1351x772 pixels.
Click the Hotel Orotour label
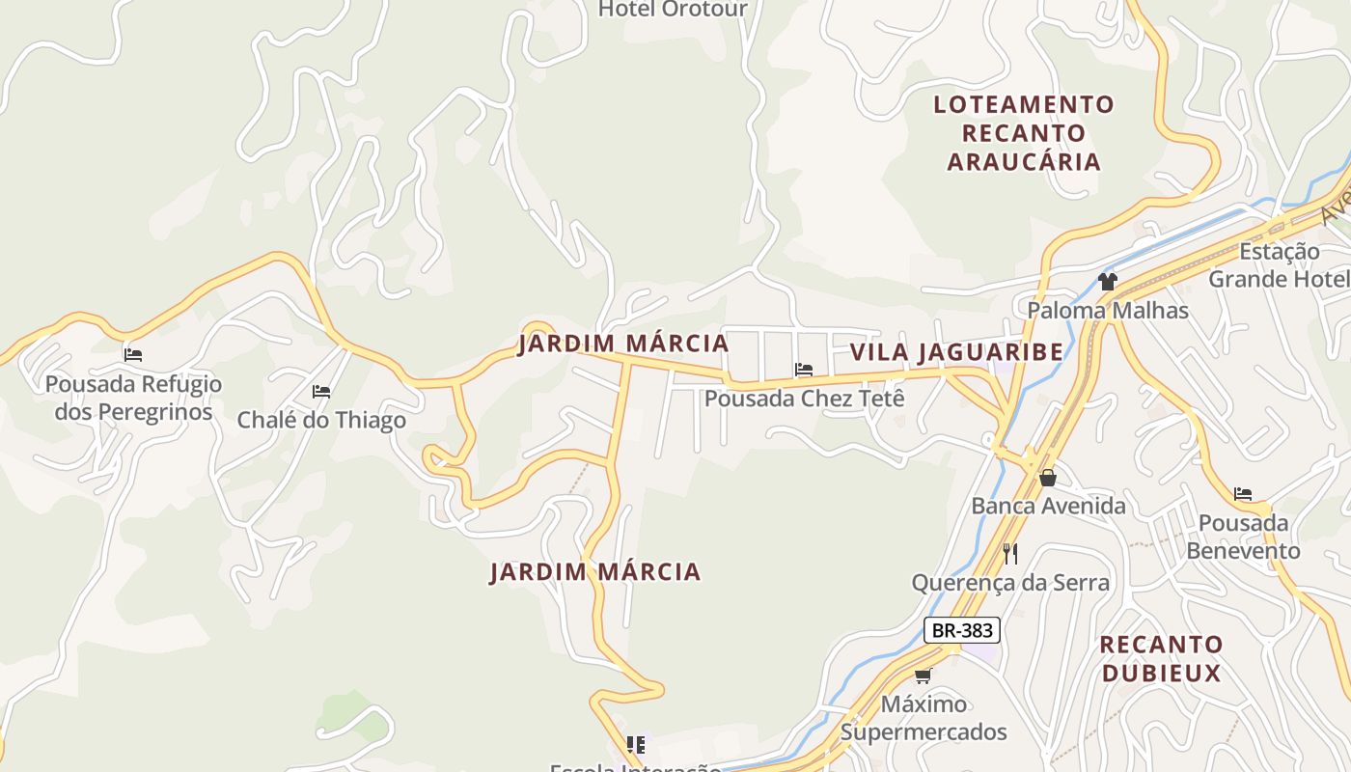pyautogui.click(x=673, y=10)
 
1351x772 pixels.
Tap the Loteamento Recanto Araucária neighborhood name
pyautogui.click(x=1024, y=132)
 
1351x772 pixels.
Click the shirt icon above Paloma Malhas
pyautogui.click(x=1107, y=282)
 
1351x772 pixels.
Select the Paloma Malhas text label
pyautogui.click(x=1107, y=311)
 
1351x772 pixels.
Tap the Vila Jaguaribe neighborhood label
pyautogui.click(x=956, y=352)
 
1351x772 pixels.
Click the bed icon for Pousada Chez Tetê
pyautogui.click(x=803, y=370)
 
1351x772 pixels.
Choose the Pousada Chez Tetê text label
pyautogui.click(x=804, y=398)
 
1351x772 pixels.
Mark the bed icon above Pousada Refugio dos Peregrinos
pyautogui.click(x=133, y=355)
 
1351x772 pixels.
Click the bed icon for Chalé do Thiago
pyautogui.click(x=321, y=392)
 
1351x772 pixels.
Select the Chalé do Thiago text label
pyautogui.click(x=321, y=421)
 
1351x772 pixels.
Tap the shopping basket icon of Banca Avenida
pyautogui.click(x=1048, y=478)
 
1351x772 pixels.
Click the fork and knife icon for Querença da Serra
pyautogui.click(x=1010, y=553)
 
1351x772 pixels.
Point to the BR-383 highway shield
pyautogui.click(x=961, y=631)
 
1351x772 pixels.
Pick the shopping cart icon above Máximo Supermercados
pyautogui.click(x=924, y=675)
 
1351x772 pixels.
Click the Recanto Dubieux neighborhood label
pyautogui.click(x=1161, y=658)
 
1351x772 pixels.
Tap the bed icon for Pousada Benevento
pyautogui.click(x=1243, y=494)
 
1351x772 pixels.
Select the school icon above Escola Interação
pyautogui.click(x=635, y=744)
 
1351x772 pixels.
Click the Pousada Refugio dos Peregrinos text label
pyautogui.click(x=133, y=398)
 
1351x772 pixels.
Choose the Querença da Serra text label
pyautogui.click(x=1010, y=583)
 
